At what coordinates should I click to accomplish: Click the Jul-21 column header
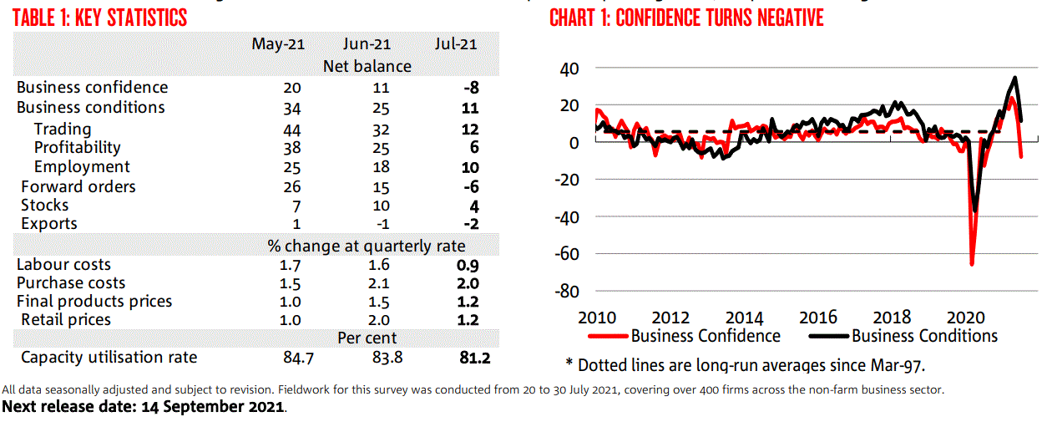click(456, 44)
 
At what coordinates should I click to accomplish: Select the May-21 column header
click(278, 44)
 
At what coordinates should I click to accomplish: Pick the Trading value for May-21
click(292, 130)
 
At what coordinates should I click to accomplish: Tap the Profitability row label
click(77, 148)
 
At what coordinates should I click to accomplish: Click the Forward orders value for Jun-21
click(380, 187)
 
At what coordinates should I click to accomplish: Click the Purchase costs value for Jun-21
click(380, 283)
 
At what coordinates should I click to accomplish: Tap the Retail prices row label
click(66, 320)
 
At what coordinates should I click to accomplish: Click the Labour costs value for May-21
click(292, 265)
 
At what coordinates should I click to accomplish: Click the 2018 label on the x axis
click(892, 318)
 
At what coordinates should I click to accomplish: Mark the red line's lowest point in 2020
click(972, 264)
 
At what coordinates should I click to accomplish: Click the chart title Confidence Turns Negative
click(686, 18)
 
